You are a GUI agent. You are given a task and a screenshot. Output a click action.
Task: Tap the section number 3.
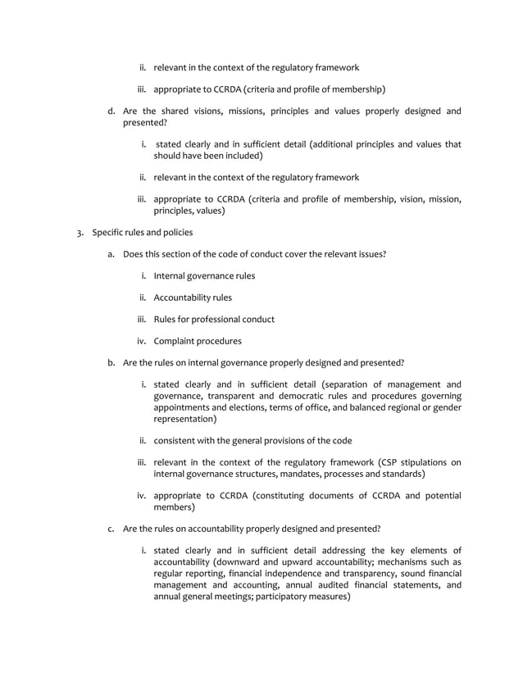pos(80,232)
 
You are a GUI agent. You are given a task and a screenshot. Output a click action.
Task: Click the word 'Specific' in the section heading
pos(108,232)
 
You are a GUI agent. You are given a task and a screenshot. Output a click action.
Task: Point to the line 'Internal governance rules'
pos(204,276)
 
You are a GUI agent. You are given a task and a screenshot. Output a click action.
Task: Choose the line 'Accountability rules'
pos(193,298)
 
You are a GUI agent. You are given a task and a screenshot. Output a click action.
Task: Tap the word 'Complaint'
pos(175,341)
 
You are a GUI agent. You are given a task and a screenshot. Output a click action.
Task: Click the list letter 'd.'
pos(112,111)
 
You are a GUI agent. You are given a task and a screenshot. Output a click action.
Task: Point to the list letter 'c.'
pos(111,529)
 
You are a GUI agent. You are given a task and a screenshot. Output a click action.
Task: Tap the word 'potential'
pos(439,495)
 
